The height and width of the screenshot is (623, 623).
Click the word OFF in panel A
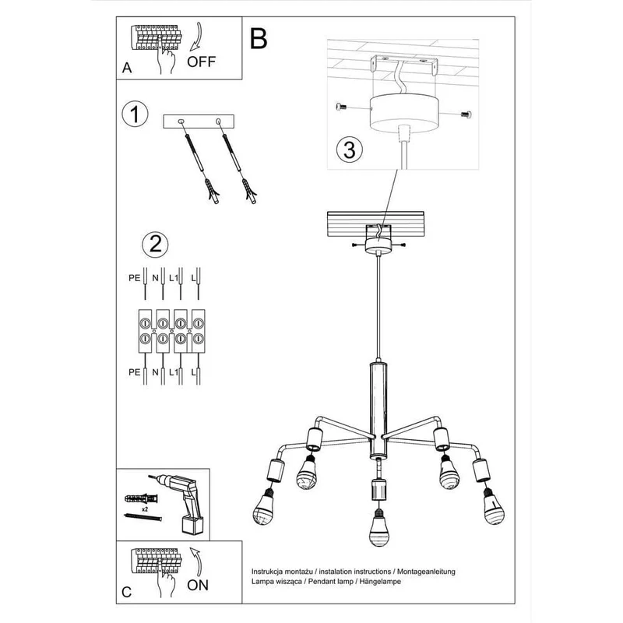[201, 62]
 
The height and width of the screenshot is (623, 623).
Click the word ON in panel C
[198, 586]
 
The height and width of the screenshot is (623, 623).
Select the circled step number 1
[135, 114]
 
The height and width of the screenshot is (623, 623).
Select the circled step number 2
[155, 245]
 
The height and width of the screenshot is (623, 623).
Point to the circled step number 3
[349, 150]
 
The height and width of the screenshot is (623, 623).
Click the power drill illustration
[181, 502]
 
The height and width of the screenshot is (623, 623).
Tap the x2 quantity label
[145, 509]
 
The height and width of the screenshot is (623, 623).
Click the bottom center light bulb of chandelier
[378, 527]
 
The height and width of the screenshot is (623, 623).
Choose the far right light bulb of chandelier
[493, 508]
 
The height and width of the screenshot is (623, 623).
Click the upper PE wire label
[134, 278]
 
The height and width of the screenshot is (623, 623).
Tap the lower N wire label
[155, 372]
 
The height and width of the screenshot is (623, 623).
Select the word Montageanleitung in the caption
[426, 572]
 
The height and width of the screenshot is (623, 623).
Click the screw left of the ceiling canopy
[341, 107]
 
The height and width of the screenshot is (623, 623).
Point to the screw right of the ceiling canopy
[466, 114]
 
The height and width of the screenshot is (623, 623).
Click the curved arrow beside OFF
[198, 37]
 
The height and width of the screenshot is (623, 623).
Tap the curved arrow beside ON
[197, 561]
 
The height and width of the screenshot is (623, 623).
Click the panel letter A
[127, 68]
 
